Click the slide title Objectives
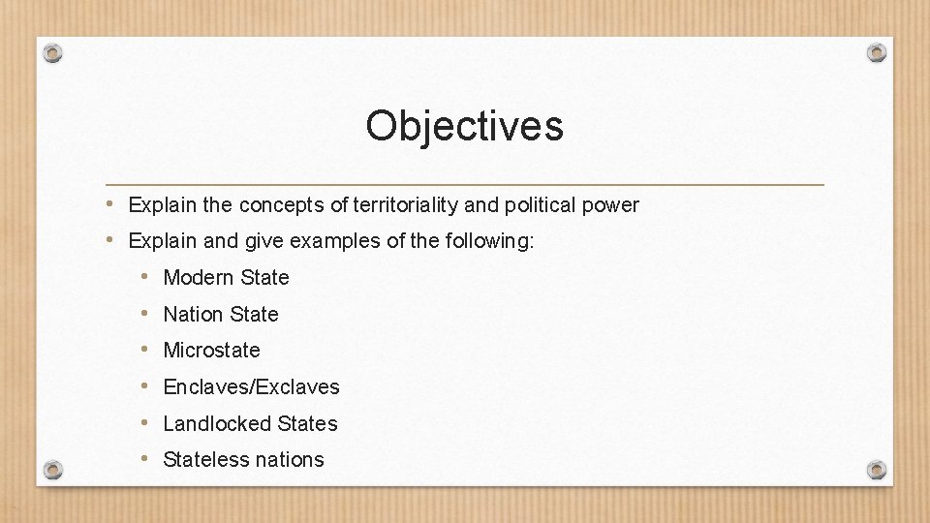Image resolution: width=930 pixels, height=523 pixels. coord(464,126)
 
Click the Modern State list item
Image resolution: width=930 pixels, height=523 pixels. coord(226,278)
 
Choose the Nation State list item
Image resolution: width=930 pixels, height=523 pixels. coord(220,315)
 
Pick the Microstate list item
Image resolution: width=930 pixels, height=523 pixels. coord(211,351)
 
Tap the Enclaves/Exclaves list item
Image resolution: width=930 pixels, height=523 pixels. coord(251,387)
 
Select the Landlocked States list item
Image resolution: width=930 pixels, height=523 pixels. coord(250,424)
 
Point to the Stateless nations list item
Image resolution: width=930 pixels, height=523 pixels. coord(243,460)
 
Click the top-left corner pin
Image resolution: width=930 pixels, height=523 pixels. coord(53,53)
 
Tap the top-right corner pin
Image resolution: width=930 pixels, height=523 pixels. coord(876,52)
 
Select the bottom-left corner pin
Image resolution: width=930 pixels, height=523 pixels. coord(53,470)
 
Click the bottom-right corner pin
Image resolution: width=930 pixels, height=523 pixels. coord(876,470)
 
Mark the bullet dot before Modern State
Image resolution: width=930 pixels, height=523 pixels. coord(143,277)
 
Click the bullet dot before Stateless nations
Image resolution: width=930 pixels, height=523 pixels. coord(143,459)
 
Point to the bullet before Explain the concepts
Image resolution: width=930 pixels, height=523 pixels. coord(112,204)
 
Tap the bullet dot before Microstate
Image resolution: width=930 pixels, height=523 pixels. coord(143,350)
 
